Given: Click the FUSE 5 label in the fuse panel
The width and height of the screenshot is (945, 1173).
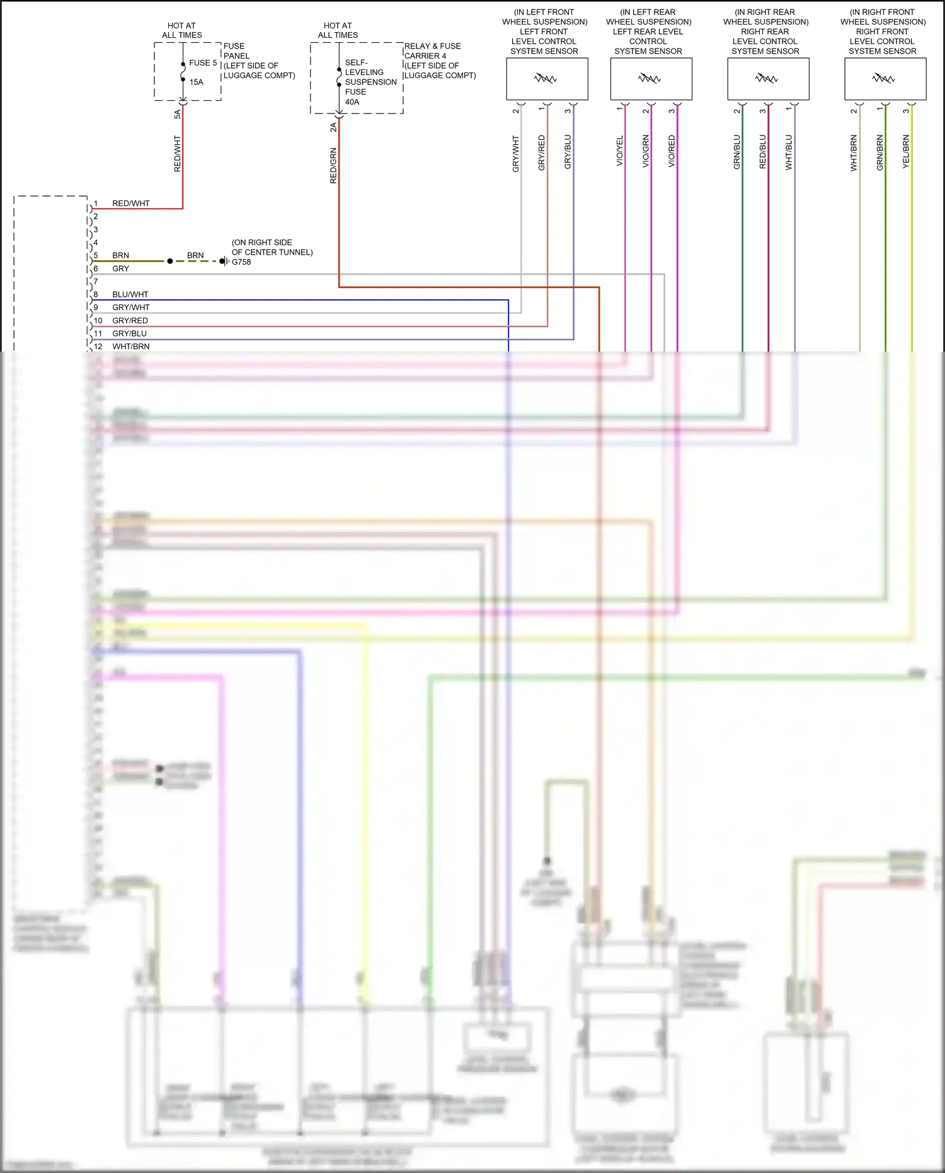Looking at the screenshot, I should (203, 63).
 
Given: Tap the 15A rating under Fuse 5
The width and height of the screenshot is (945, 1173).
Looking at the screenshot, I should (197, 82).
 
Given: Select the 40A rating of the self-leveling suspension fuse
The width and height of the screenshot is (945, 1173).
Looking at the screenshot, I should (352, 102).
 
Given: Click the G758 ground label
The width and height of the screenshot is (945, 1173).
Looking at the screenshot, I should (241, 262).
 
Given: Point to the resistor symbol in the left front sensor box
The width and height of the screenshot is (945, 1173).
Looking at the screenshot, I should (546, 79).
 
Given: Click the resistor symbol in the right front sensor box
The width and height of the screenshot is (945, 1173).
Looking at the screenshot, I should (884, 79).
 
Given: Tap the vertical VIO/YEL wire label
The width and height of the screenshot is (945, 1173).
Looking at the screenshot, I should (619, 151).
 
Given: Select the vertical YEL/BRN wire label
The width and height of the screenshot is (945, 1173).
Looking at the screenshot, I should (906, 152).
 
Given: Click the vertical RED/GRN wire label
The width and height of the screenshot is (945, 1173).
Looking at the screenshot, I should (333, 166).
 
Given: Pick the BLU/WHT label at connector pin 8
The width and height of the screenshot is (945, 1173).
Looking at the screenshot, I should (130, 294).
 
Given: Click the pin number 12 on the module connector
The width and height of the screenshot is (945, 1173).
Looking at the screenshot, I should (98, 347).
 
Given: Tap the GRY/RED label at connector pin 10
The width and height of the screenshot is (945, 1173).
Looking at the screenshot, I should (130, 321).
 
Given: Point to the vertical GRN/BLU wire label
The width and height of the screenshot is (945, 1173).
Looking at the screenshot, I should (736, 152).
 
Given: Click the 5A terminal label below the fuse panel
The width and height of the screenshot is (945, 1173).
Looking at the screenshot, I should (177, 114).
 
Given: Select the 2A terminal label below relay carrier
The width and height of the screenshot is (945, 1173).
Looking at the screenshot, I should (333, 127).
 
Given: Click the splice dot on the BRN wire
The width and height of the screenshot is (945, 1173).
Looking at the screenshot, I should (170, 261).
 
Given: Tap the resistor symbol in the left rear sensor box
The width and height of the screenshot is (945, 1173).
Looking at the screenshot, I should (650, 79).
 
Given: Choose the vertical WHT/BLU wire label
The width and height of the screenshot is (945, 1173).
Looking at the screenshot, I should (789, 152).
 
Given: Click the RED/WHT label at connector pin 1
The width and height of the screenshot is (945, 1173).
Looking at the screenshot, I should (131, 204).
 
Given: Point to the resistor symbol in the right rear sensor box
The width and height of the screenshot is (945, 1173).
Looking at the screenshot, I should (767, 79).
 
